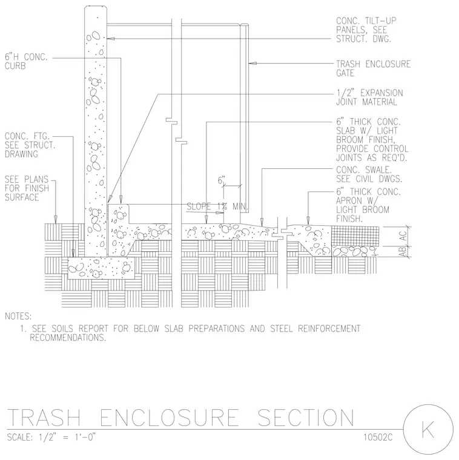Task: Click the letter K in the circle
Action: (x=428, y=429)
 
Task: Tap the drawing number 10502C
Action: (x=378, y=437)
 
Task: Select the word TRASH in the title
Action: (x=44, y=417)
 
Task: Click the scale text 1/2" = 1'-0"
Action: (x=67, y=437)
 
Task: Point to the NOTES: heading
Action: (x=18, y=316)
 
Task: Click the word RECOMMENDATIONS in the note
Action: (x=68, y=338)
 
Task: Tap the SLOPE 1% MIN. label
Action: (x=217, y=206)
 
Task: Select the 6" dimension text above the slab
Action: (x=221, y=180)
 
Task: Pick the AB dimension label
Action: (x=402, y=251)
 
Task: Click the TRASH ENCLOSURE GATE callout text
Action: (x=373, y=68)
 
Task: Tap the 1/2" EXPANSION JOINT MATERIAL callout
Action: (x=369, y=97)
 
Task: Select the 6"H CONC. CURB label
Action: (x=26, y=61)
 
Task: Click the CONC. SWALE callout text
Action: (x=369, y=174)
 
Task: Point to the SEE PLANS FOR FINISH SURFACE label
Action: (x=27, y=188)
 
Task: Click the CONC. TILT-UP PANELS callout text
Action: (x=366, y=30)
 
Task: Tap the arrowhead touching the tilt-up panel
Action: (x=110, y=38)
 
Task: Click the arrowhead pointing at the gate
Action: (x=253, y=63)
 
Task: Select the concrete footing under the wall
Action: (x=101, y=268)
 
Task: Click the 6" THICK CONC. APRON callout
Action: (x=368, y=205)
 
